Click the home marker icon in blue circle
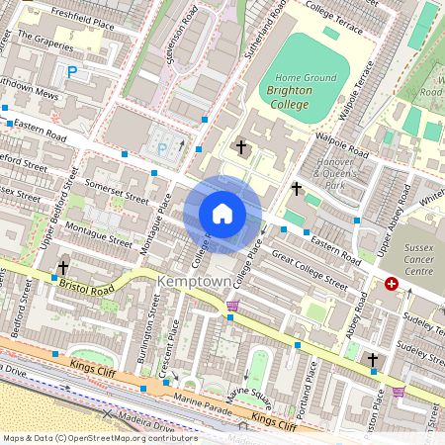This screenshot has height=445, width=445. (x=222, y=214)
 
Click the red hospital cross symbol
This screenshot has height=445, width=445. (x=392, y=284)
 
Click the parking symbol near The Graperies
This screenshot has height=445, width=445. (x=71, y=70)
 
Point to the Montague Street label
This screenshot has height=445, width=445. (x=98, y=233)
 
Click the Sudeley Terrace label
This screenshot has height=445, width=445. (x=422, y=348)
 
